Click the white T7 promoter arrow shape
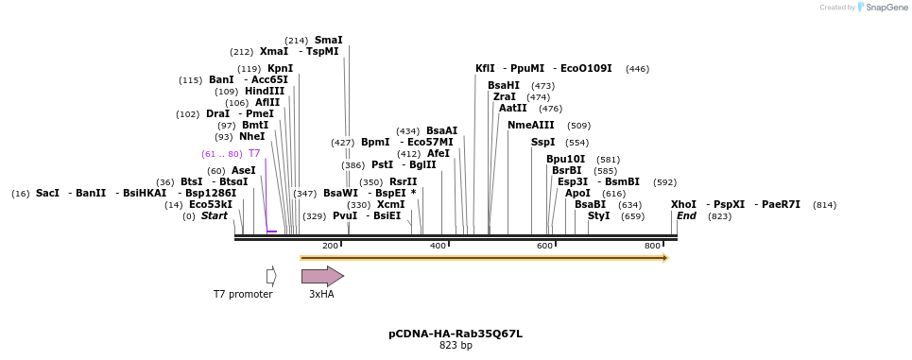271,276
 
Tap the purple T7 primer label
253,154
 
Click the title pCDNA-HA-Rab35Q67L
456,334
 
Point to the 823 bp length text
456,346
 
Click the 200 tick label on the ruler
330,246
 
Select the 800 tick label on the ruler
652,246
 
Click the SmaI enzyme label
328,41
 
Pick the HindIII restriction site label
265,92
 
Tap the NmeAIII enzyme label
531,126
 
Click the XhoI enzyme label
683,204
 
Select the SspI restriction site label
542,143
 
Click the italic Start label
215,216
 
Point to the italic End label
686,216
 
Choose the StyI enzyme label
598,216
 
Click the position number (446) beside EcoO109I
637,69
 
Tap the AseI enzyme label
244,171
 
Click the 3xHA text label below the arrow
321,295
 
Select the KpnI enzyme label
280,69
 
